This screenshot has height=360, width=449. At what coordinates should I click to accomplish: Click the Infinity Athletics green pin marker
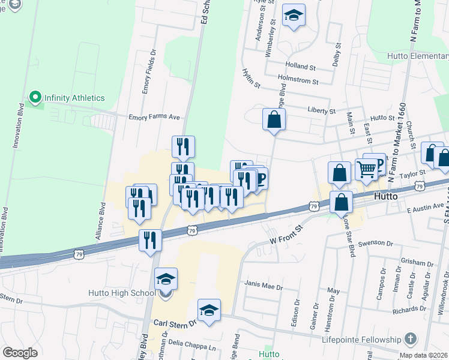point(35,98)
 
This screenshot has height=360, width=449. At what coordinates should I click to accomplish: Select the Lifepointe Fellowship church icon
point(411,339)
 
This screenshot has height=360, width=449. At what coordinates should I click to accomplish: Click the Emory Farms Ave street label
point(154,118)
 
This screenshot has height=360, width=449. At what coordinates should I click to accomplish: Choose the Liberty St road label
point(321,111)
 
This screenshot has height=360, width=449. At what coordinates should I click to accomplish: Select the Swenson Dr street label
point(375,244)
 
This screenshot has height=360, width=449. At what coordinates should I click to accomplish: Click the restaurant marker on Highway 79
point(150,240)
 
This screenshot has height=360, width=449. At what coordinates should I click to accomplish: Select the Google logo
point(20,353)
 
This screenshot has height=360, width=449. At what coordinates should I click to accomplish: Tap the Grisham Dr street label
point(417,263)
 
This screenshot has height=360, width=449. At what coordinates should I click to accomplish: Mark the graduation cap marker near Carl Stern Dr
point(209,310)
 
